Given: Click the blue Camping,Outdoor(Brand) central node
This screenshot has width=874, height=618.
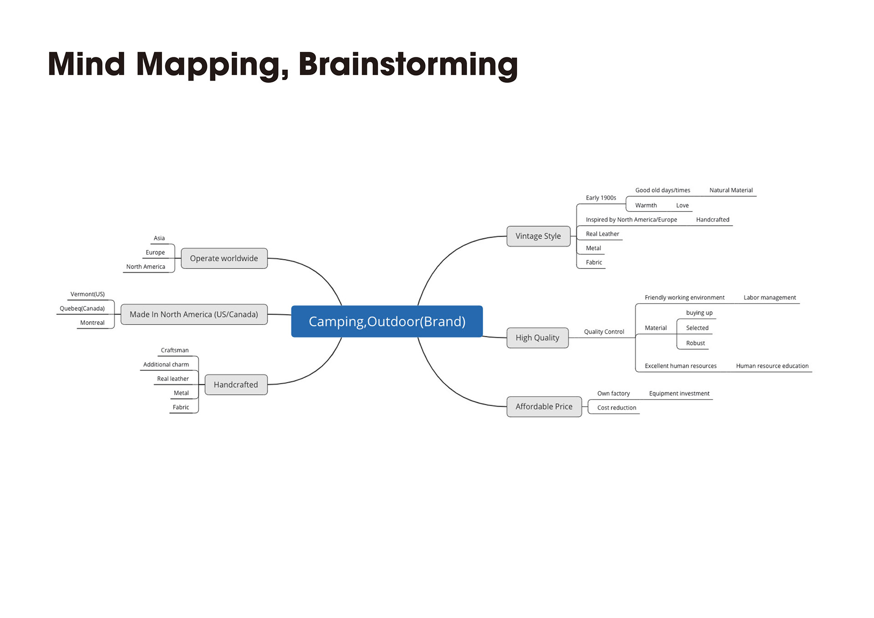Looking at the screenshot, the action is pyautogui.click(x=387, y=321).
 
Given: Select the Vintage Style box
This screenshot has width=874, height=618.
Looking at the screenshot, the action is pyautogui.click(x=539, y=236).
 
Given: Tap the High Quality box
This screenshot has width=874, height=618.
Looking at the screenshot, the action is pyautogui.click(x=538, y=338).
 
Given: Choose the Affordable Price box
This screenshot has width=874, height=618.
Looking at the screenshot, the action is pyautogui.click(x=544, y=406).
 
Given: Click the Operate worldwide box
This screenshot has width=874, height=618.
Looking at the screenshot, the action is pyautogui.click(x=224, y=258).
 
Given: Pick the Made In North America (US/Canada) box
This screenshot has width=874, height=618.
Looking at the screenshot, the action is pyautogui.click(x=194, y=314).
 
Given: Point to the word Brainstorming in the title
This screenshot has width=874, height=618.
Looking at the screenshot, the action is pyautogui.click(x=408, y=65).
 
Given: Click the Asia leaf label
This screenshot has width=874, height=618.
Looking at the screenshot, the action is pyautogui.click(x=159, y=238).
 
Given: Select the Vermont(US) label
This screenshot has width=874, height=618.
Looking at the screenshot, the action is pyautogui.click(x=87, y=294).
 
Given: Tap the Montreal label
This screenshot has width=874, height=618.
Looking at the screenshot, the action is pyautogui.click(x=92, y=323).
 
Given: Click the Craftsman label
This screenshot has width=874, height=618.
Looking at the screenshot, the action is pyautogui.click(x=175, y=350).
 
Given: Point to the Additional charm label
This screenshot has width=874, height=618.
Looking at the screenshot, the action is pyautogui.click(x=166, y=365).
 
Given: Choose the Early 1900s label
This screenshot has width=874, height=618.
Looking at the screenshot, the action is pyautogui.click(x=601, y=198).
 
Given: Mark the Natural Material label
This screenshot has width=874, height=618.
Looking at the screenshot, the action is pyautogui.click(x=731, y=190).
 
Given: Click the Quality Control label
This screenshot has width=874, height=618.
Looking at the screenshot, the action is pyautogui.click(x=604, y=332).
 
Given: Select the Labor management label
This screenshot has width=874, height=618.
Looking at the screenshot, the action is pyautogui.click(x=770, y=298).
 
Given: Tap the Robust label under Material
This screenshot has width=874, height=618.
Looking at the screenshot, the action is pyautogui.click(x=696, y=343).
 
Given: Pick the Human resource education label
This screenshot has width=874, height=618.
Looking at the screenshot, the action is pyautogui.click(x=772, y=366).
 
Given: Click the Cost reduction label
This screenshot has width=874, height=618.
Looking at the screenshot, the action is pyautogui.click(x=617, y=408).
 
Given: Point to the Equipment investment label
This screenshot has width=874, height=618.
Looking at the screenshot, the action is pyautogui.click(x=679, y=394).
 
